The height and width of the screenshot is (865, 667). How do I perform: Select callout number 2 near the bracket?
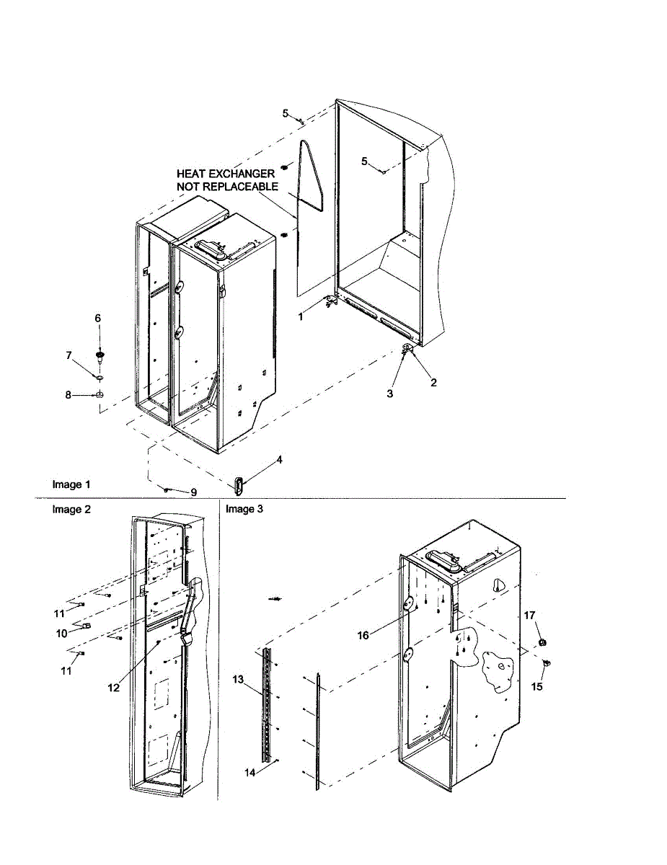tap(433, 383)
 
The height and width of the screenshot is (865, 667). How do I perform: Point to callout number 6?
tap(98, 318)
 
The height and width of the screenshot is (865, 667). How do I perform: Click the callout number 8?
tap(69, 395)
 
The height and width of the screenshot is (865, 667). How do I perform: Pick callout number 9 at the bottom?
tap(193, 492)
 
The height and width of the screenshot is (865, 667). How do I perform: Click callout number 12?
tap(112, 688)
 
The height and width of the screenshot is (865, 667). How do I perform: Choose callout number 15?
tap(536, 687)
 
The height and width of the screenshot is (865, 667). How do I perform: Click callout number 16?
tap(363, 635)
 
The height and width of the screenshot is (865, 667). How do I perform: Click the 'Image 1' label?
tap(71, 484)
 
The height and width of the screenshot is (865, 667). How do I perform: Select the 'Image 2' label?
tap(71, 509)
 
